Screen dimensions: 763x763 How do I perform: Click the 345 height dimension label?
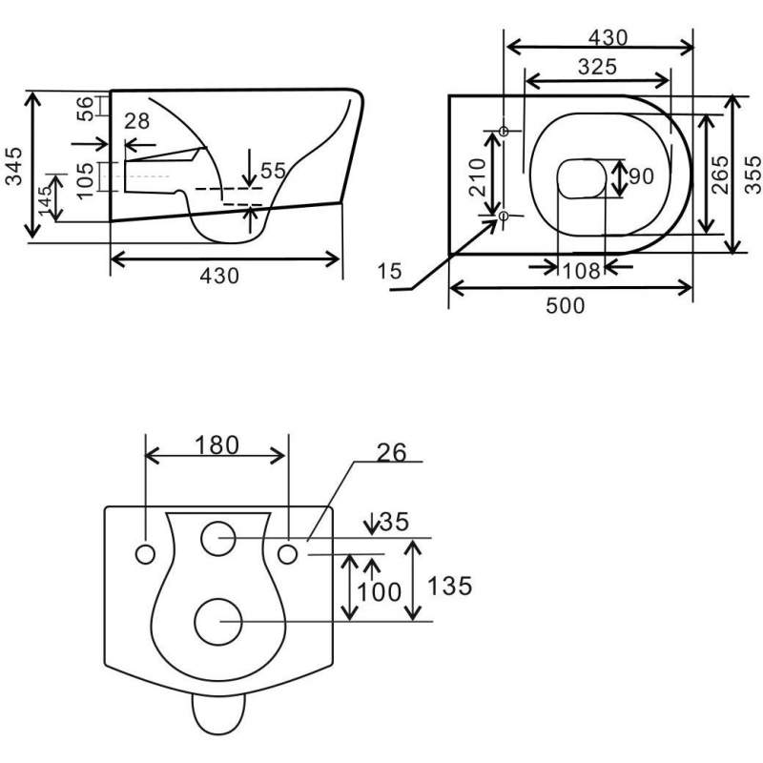[14, 166]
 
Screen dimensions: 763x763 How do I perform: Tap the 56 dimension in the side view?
[84, 109]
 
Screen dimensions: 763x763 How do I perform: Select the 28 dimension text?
[136, 121]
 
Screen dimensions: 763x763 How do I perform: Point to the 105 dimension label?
[85, 180]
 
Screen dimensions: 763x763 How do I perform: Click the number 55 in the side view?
[273, 171]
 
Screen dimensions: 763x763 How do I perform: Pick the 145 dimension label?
[46, 200]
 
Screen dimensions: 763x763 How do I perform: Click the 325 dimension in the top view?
[597, 67]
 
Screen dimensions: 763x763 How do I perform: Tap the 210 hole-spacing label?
[478, 177]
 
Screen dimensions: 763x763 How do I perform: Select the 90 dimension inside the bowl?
[641, 176]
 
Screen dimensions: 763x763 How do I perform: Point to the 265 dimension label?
[720, 175]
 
